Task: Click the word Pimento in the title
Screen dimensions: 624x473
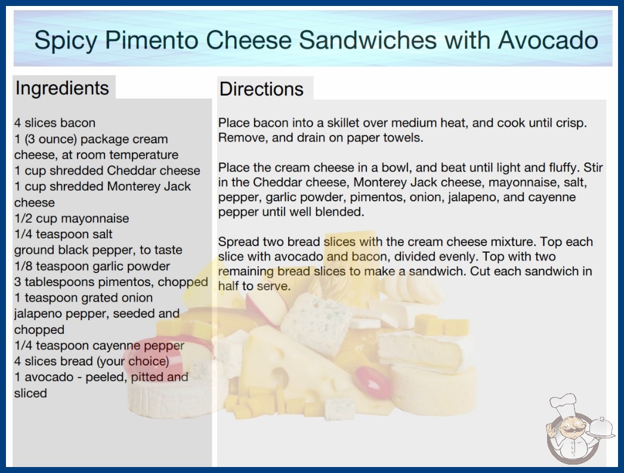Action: point(152,40)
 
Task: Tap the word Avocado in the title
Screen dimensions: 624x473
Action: point(548,40)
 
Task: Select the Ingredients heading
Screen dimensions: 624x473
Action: point(62,88)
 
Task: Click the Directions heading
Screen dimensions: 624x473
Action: point(261,89)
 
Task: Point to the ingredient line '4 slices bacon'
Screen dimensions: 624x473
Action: point(55,123)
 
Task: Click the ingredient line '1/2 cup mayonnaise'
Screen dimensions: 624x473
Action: point(72,219)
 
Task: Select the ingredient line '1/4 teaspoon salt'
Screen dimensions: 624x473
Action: point(64,234)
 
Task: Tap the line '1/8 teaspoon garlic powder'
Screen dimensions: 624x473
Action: point(92,266)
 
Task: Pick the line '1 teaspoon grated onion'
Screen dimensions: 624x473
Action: point(84,297)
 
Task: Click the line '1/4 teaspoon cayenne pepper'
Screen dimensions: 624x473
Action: point(100,345)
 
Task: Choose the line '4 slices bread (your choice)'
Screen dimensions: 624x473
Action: point(91,361)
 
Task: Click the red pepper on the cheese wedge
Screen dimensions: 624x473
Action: point(373,382)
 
